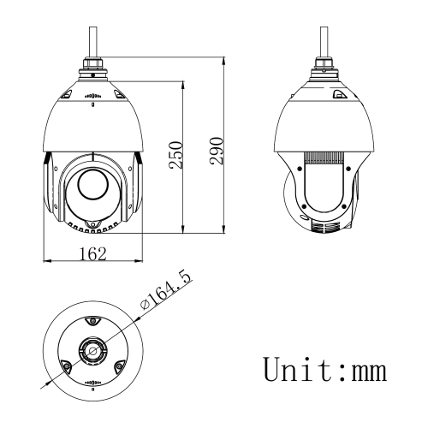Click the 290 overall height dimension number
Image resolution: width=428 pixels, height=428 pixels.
[x=217, y=149]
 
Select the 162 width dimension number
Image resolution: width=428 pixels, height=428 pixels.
[x=92, y=254]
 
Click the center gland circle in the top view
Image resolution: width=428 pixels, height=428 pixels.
[x=92, y=349]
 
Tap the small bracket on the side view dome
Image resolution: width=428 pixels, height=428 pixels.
[x=339, y=96]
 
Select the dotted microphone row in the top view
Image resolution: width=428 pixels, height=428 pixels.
[x=92, y=383]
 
